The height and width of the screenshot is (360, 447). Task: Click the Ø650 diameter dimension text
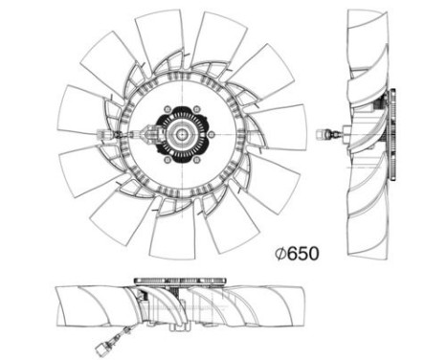click(295, 255)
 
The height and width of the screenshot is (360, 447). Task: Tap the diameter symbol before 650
click(280, 255)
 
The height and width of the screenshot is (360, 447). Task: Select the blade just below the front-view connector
click(84, 168)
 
